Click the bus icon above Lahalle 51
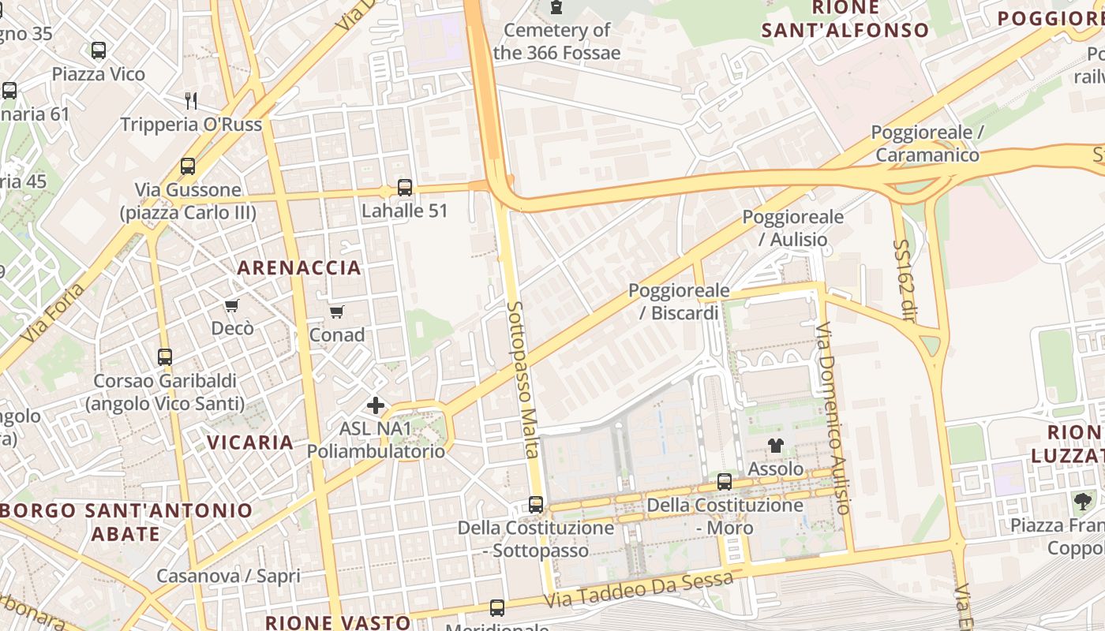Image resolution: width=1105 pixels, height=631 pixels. coord(405,188)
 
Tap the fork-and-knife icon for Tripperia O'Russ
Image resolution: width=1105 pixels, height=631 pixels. coord(190,100)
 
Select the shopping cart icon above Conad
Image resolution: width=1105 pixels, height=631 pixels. coord(337,312)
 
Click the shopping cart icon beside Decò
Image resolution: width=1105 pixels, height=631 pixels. coord(231,305)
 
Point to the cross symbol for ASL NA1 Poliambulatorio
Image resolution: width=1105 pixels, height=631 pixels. coord(376,406)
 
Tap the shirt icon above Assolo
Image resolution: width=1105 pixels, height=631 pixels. coord(776,446)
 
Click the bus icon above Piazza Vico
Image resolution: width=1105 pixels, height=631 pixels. coord(99,50)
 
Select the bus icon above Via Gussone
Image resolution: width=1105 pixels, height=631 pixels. coord(188,166)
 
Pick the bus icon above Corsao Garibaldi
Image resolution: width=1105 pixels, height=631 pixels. coord(165,357)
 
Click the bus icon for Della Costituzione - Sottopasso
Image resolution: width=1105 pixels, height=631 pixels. coord(536,504)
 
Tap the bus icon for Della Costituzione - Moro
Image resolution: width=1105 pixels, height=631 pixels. coord(725,481)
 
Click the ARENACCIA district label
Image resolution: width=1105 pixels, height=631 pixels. coord(299,267)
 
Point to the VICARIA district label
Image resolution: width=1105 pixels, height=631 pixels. coord(251,442)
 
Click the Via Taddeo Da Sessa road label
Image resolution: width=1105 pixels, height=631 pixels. coord(639,589)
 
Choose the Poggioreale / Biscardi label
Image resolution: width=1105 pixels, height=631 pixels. coord(679,302)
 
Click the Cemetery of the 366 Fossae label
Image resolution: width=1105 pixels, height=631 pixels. coord(557,42)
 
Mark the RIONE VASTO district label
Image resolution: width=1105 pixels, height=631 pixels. coord(338,622)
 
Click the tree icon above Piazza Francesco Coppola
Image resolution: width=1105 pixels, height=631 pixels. coord(1082,501)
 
